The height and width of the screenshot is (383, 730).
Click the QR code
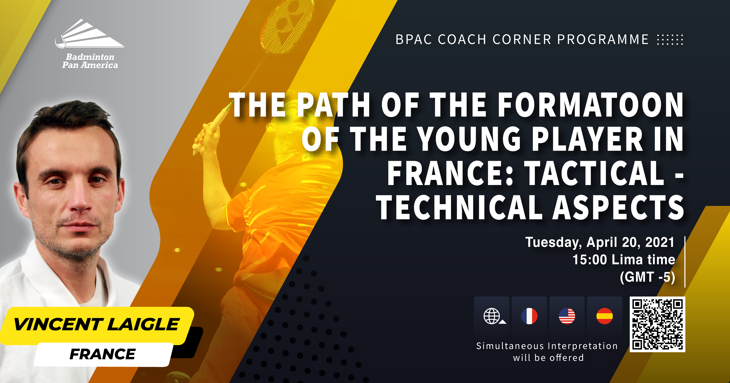click(x=657, y=324)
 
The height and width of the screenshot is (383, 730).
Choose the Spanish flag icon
click(x=604, y=316)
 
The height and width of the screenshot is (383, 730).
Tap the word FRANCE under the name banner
click(x=103, y=354)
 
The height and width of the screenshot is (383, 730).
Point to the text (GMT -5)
click(x=648, y=277)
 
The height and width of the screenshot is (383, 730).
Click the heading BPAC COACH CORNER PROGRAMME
click(x=522, y=39)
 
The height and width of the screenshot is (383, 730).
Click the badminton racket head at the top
click(x=287, y=24)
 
